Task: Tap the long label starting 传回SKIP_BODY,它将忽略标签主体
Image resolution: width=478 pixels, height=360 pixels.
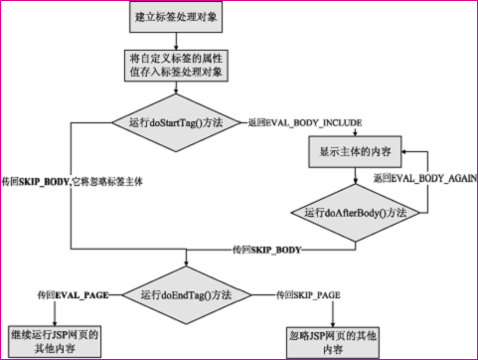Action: (73, 183)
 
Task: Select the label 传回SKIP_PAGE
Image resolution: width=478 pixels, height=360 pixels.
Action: (307, 294)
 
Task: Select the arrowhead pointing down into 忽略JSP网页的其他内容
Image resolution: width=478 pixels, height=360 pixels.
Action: (330, 320)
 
